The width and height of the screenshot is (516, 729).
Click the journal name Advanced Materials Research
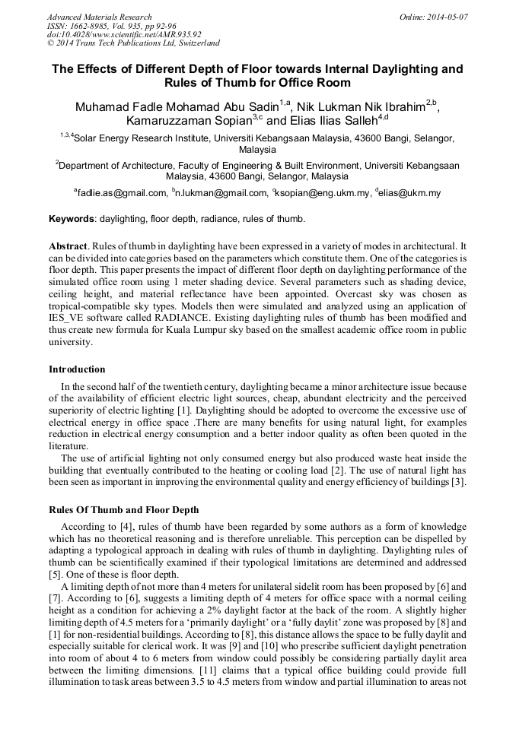click(x=99, y=17)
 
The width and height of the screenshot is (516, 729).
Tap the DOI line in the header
click(x=123, y=34)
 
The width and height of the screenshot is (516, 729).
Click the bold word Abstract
click(x=68, y=248)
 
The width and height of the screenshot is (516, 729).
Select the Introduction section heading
click(x=77, y=369)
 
